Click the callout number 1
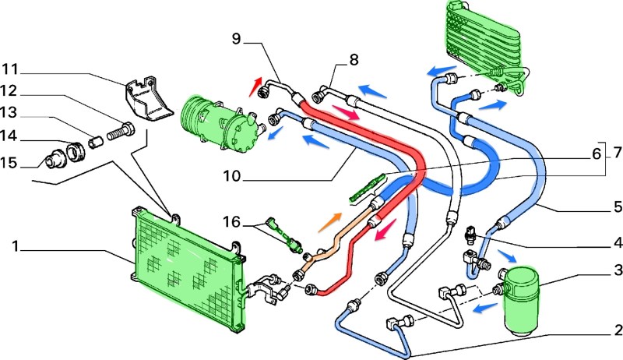(16, 248)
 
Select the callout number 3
(616, 270)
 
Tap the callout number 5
(616, 207)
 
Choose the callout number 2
(616, 330)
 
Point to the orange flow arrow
(329, 221)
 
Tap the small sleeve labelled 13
(95, 142)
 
